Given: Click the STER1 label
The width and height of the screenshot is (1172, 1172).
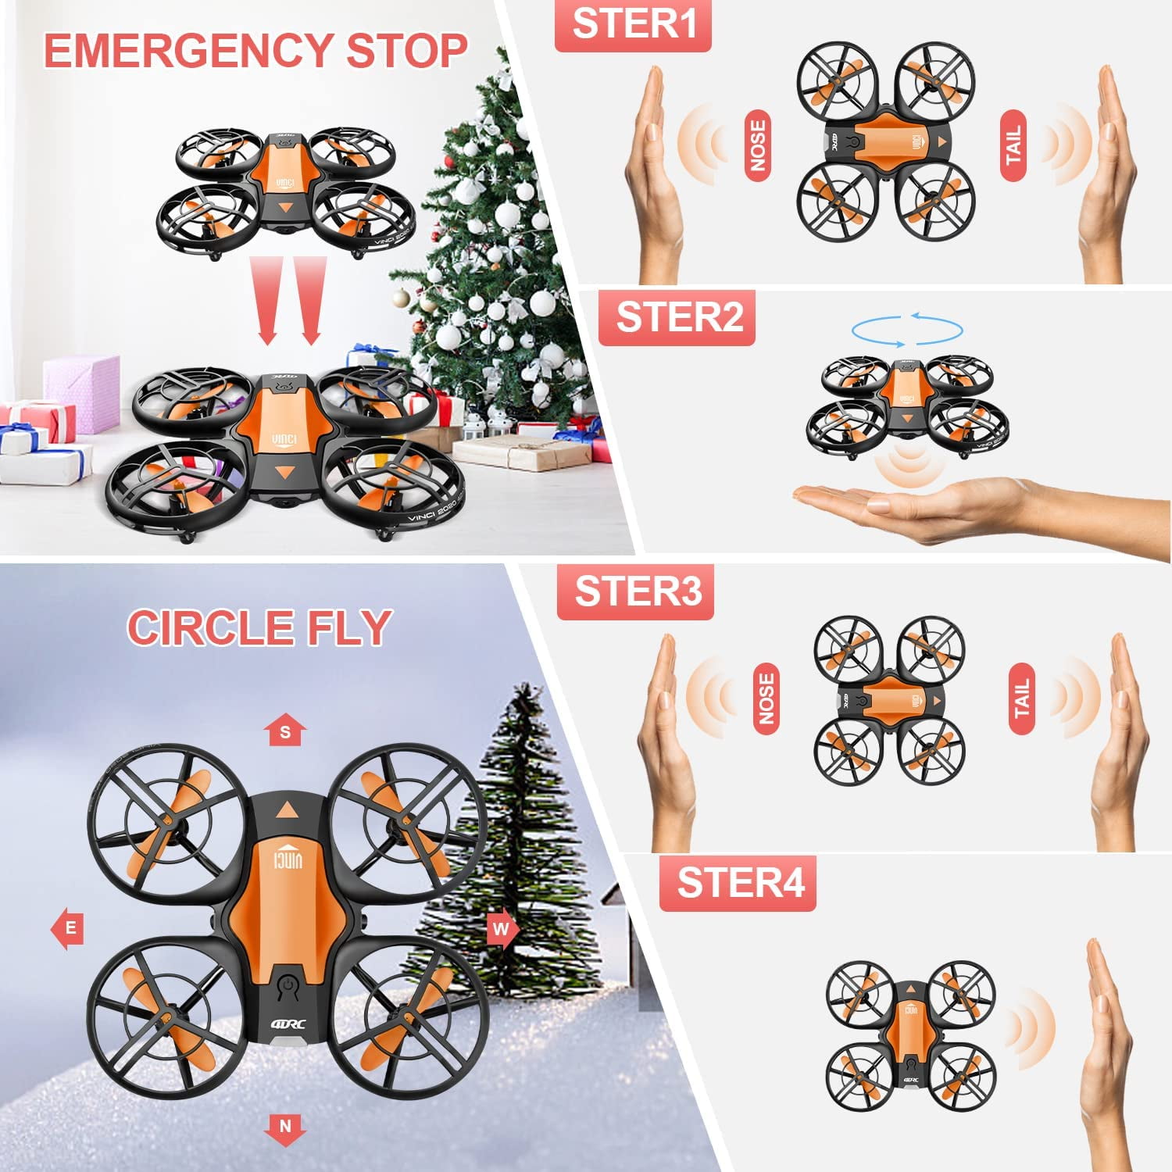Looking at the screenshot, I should tap(633, 25).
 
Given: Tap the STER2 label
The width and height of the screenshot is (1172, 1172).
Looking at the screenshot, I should tap(677, 317).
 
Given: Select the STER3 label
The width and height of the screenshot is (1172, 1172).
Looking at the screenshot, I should tap(635, 591).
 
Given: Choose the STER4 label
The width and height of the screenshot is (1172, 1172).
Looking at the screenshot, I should tap(738, 883).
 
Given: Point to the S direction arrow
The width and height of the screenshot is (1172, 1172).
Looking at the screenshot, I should tap(285, 730).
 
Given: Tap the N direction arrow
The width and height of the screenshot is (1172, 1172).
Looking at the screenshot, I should tap(285, 1127).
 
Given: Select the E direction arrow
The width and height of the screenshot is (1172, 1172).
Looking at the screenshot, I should tap(69, 928).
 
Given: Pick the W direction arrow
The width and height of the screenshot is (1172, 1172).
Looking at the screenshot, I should tap(501, 928).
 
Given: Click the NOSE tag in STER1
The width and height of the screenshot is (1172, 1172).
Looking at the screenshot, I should tap(757, 146).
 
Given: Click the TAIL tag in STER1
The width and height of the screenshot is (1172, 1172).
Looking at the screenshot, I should tap(1013, 146).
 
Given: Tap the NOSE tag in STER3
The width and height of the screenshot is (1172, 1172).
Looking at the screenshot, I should tap(766, 699).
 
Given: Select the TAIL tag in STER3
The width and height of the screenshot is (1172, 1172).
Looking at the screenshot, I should tap(1021, 699).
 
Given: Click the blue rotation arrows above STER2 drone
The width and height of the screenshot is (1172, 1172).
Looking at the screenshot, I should tap(906, 329).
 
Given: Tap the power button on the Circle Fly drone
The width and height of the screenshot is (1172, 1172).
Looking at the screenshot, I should tap(288, 986).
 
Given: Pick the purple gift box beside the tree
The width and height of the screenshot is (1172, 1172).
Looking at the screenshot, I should tap(81, 393).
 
